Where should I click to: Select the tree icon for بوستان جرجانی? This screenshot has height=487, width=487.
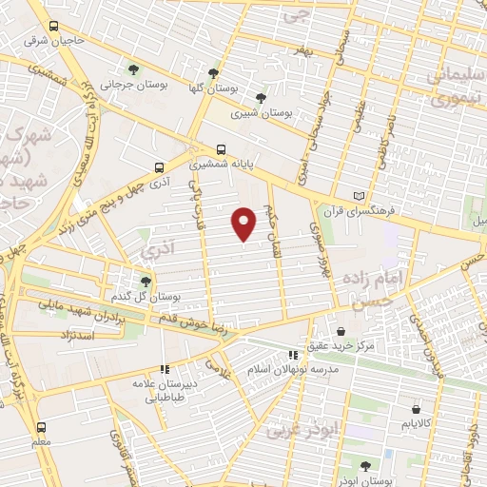coord(133,68)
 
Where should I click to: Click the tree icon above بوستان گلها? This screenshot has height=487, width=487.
coord(214,72)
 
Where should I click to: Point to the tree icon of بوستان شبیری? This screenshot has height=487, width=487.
coord(261,97)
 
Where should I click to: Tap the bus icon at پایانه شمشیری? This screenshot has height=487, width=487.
coord(222,148)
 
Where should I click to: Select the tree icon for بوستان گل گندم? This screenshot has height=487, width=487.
coord(145,281)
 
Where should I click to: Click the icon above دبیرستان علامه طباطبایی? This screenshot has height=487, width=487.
coord(165,368)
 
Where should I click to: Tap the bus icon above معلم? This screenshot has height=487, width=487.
coord(40,427)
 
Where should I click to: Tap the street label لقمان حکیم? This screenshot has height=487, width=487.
coord(273,227)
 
